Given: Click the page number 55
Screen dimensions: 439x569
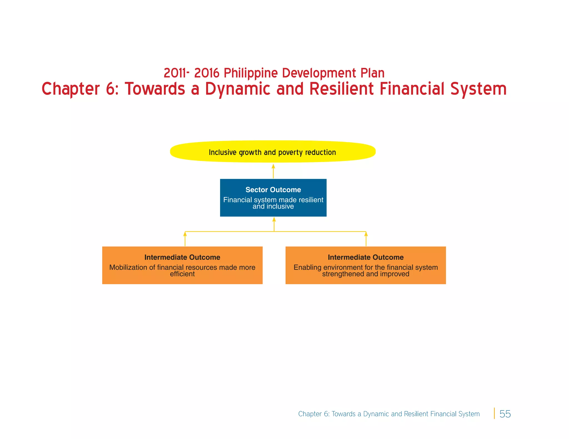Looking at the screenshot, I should [505, 414].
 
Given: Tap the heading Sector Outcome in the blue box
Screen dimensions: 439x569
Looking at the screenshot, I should [273, 190].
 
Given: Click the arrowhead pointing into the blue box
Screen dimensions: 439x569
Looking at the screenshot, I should [274, 220].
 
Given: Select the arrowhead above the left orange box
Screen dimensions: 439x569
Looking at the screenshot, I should [185, 234].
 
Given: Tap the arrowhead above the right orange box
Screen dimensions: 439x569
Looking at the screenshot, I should [366, 234].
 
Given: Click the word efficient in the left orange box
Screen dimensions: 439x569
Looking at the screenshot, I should [182, 274].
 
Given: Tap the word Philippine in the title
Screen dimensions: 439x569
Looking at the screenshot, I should [251, 73].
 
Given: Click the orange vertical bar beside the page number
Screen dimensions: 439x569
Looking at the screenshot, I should [494, 413].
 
